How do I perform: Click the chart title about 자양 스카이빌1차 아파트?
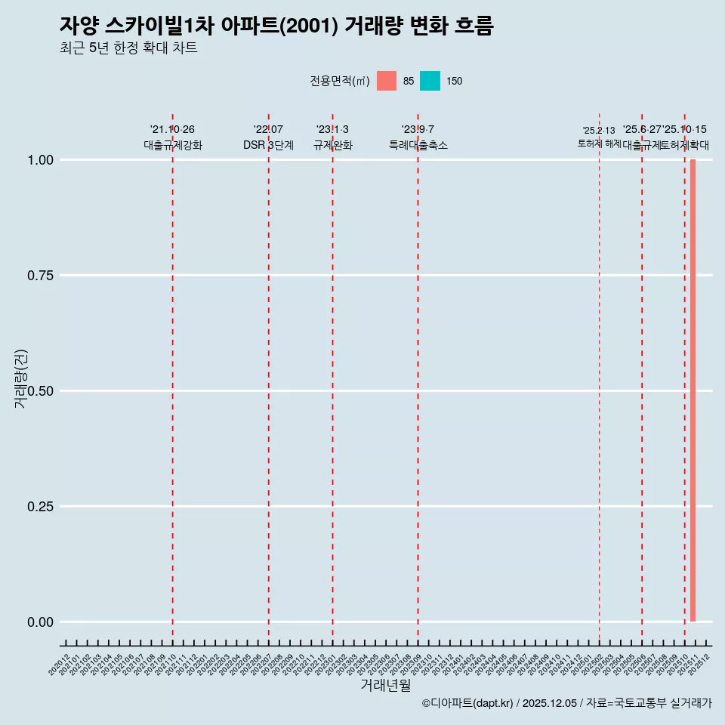[276, 26]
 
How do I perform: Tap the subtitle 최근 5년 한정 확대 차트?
[128, 49]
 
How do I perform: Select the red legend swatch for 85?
[387, 81]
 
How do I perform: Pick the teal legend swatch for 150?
[430, 81]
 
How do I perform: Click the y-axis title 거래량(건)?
[21, 379]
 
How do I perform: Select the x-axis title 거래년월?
[385, 686]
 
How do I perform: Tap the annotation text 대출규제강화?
[173, 145]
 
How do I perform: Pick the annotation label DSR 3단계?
[268, 145]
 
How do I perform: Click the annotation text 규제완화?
[332, 145]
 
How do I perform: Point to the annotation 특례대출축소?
[418, 145]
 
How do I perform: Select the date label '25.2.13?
[599, 131]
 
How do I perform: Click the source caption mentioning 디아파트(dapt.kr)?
[566, 703]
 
